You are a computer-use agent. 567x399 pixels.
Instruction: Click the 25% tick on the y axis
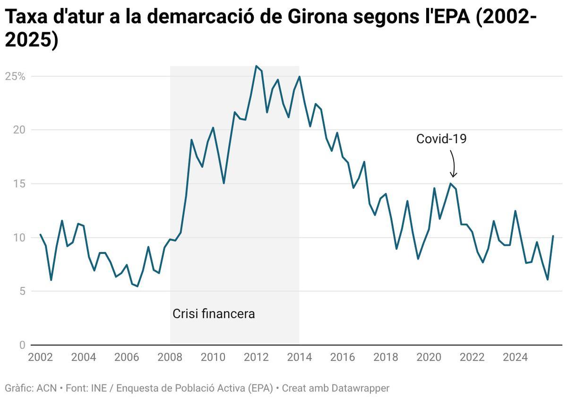point(16,76)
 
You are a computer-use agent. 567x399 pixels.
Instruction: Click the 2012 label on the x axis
point(256,357)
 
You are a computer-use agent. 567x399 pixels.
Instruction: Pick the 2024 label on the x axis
point(515,357)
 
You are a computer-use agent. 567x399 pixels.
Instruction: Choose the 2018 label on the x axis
point(386,357)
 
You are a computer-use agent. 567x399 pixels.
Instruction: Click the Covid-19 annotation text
point(441,139)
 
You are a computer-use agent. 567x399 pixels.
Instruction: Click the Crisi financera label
point(214,314)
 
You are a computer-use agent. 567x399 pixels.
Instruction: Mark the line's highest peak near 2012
point(256,66)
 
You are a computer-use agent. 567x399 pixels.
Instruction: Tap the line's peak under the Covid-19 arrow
point(450,183)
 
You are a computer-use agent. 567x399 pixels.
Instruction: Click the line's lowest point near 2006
point(137,286)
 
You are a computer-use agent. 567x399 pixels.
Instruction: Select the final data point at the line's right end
point(553,235)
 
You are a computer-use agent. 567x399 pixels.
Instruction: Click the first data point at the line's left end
point(40,234)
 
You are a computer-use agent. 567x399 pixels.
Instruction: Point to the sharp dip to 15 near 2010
point(223,183)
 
